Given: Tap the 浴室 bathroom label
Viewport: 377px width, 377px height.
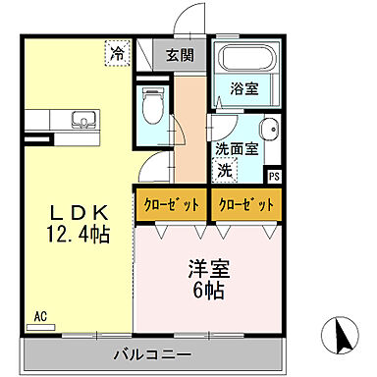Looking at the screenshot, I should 243,88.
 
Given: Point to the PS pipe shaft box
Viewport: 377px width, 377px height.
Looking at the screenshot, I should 273,177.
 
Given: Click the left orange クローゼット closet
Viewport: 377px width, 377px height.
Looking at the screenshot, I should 171,204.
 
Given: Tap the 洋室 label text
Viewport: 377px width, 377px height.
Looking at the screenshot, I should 206,265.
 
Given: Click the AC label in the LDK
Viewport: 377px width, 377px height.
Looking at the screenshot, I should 41,316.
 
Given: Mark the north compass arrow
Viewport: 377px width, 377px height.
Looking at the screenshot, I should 341,336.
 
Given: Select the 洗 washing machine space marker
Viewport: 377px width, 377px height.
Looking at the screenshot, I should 227,170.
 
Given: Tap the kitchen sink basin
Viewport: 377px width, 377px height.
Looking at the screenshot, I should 81,123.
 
